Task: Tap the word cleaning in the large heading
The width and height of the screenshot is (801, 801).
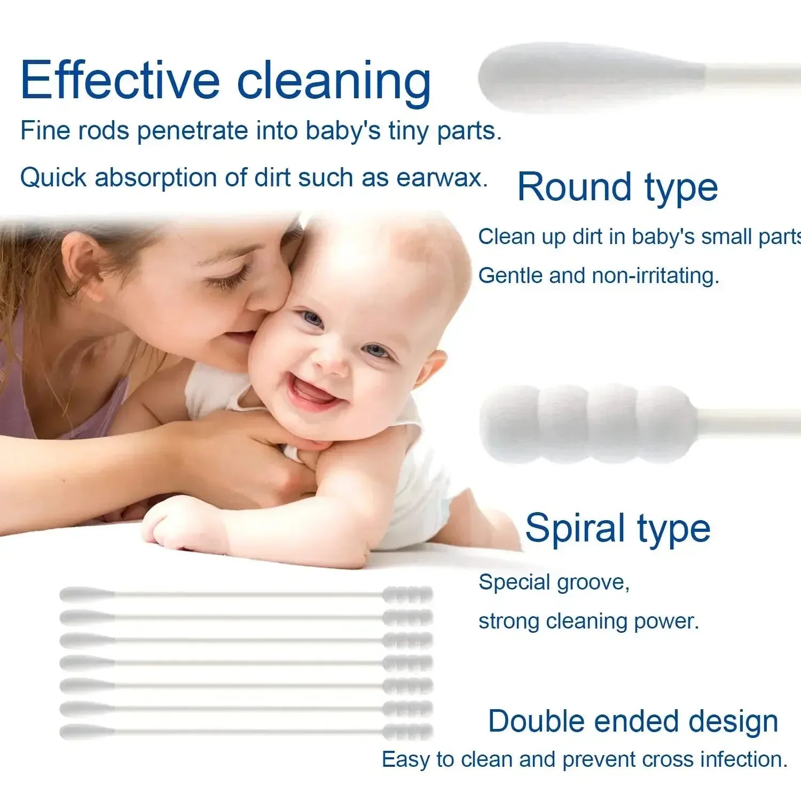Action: (334, 83)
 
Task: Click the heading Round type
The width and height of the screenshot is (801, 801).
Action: (617, 188)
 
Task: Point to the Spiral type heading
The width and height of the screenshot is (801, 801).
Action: (617, 529)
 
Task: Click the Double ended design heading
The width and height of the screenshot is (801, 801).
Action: (633, 721)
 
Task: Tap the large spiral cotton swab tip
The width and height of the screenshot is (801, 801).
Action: (587, 423)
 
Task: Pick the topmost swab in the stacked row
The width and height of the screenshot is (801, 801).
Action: (246, 594)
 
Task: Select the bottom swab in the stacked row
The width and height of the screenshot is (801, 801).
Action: (246, 731)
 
